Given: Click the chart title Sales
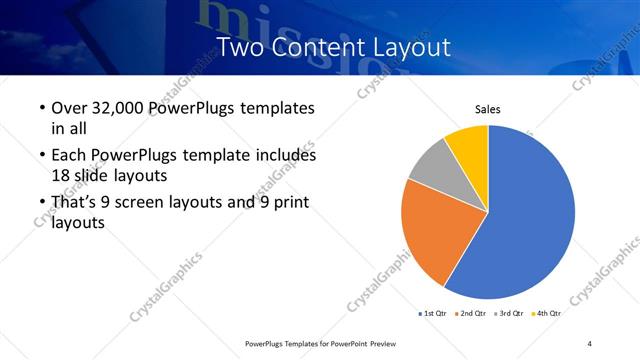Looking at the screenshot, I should click(x=487, y=110).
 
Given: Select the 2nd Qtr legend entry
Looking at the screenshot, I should click(x=473, y=314).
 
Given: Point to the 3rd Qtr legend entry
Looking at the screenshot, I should click(x=511, y=314).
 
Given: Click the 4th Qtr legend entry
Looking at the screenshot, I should click(x=548, y=314).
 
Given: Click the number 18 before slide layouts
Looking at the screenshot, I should click(x=60, y=174).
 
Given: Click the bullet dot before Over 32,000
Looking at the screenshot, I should click(x=42, y=108).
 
